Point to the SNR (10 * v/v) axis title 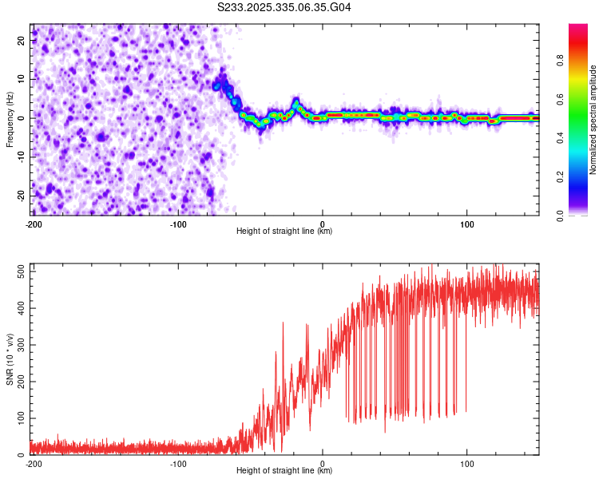[10, 360]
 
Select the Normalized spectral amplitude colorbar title [593, 120]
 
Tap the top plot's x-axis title [284, 231]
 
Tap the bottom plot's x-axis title [284, 470]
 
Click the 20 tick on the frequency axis [22, 40]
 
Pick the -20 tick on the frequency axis [20, 195]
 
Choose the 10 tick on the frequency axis [22, 79]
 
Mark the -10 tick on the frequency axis [20, 156]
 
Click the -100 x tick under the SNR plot [178, 463]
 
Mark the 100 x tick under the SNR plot [467, 463]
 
